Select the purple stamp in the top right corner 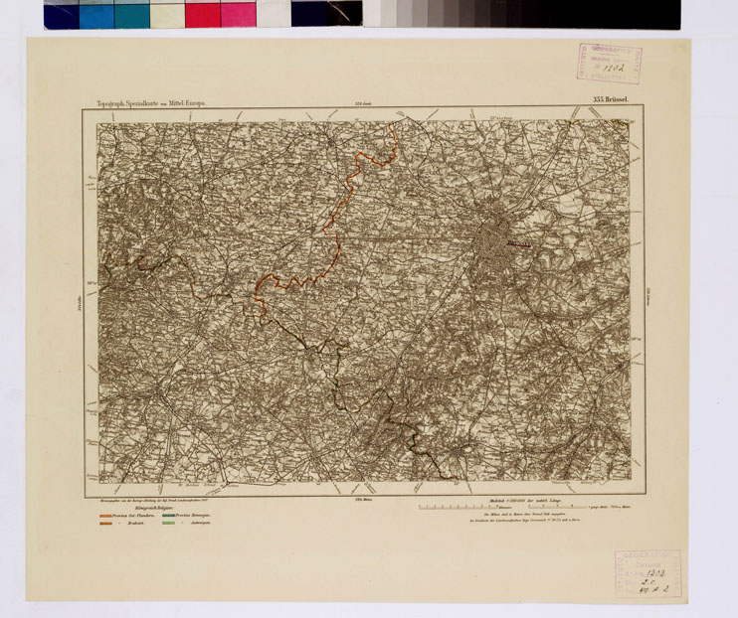point(607,63)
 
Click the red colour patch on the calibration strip point(202,14)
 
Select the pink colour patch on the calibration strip point(238,14)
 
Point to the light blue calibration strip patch point(96,14)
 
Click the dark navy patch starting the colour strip point(61,14)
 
